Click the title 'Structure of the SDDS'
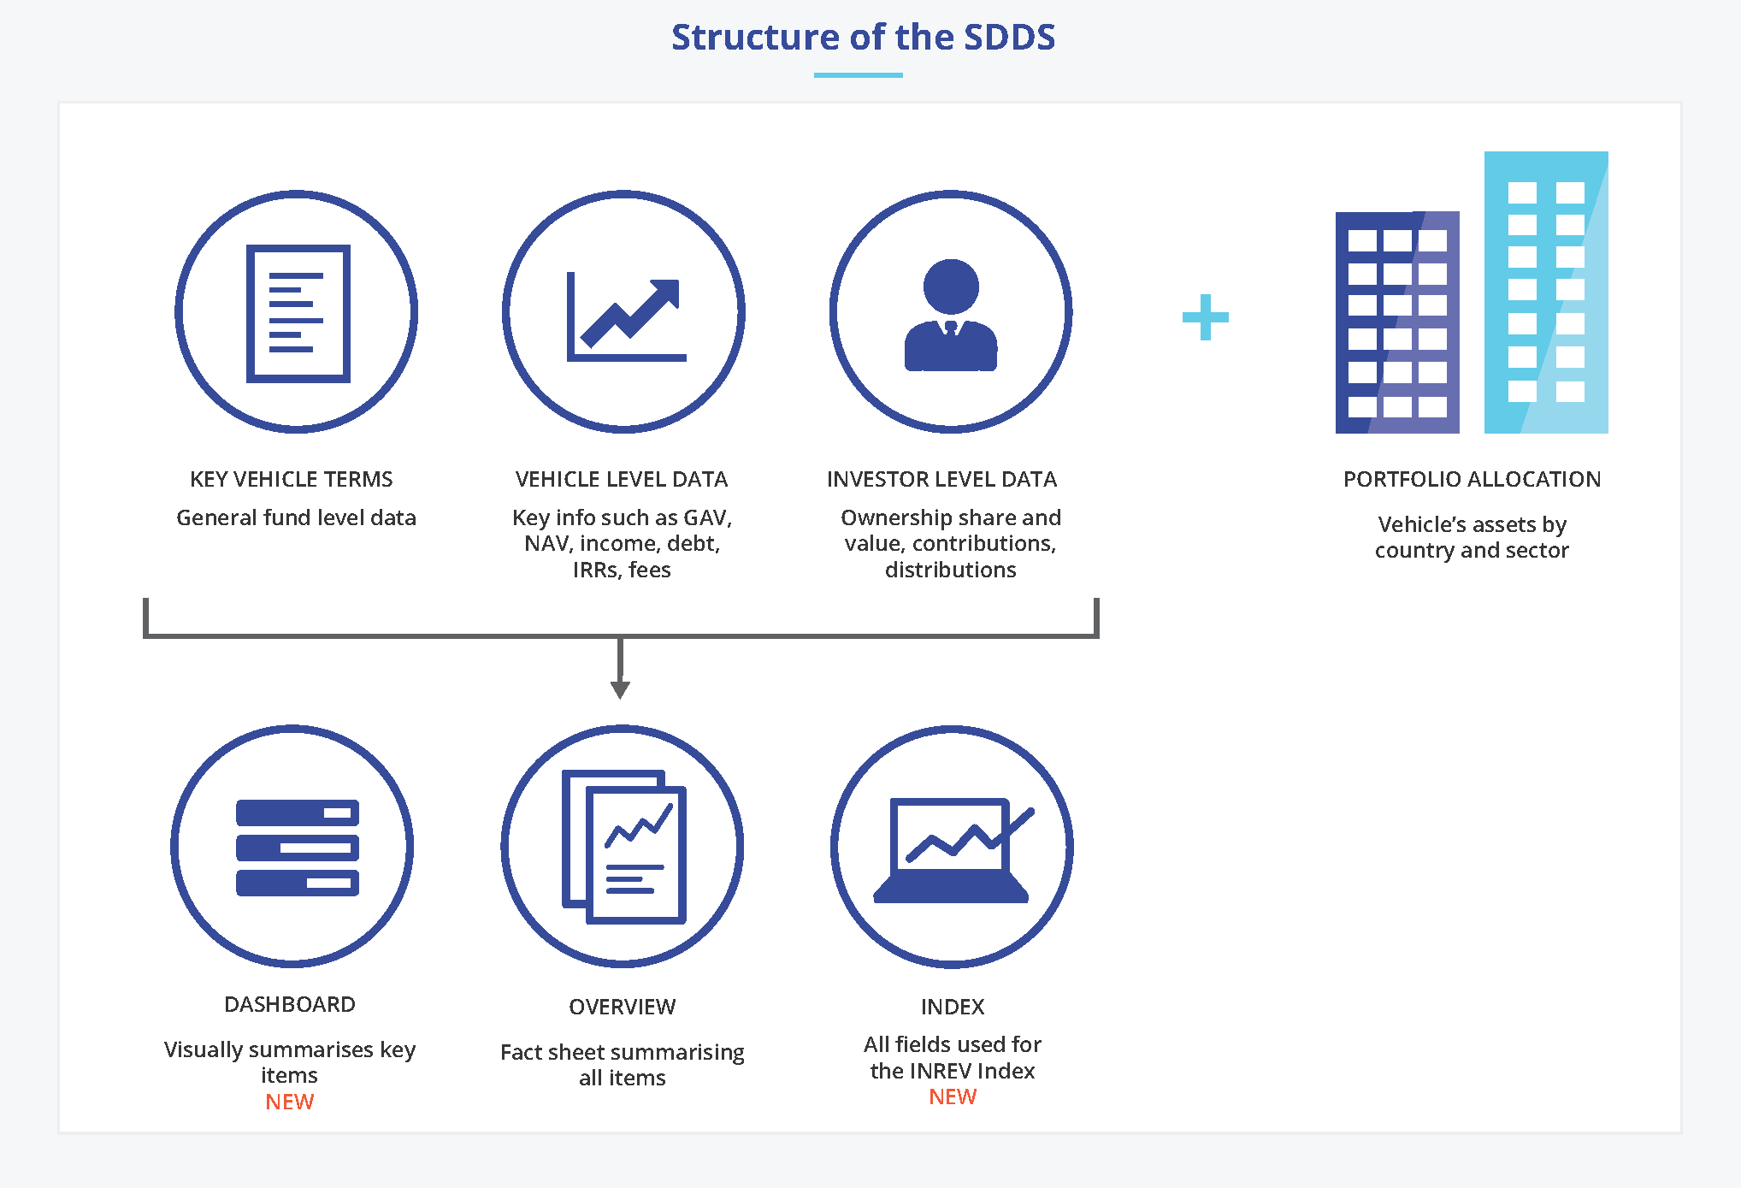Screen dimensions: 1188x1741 click(863, 38)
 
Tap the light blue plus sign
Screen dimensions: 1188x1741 click(1205, 317)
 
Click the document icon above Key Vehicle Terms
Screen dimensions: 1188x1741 click(298, 313)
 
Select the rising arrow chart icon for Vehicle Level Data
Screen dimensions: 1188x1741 click(625, 316)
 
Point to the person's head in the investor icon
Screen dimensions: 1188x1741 click(951, 286)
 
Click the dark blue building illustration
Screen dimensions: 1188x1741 click(1396, 322)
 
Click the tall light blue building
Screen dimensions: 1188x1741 click(1545, 292)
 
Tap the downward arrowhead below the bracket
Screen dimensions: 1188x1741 click(620, 689)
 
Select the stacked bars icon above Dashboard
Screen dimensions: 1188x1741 click(297, 848)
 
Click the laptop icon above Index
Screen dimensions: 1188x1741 click(951, 850)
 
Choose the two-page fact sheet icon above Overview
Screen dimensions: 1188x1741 click(624, 848)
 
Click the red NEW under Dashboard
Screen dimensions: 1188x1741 click(289, 1102)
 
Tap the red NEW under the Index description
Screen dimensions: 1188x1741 click(952, 1096)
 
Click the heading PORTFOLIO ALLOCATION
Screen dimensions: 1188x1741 click(1471, 479)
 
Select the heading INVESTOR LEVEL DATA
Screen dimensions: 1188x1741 click(941, 479)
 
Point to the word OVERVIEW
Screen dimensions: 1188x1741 click(622, 1007)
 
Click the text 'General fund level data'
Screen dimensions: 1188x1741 click(296, 517)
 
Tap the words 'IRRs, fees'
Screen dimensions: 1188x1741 click(622, 570)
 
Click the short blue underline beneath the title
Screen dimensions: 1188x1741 click(858, 75)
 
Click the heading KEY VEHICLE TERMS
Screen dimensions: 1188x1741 click(291, 479)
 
